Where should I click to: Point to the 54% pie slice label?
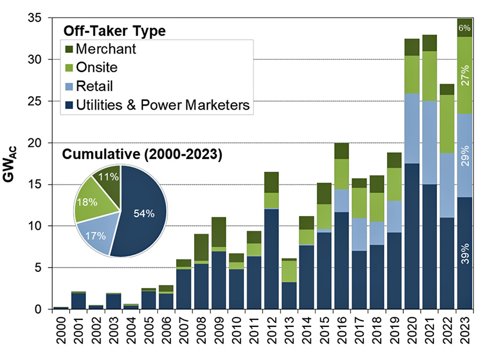pos(143,213)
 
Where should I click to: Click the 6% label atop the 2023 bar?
pos(465,28)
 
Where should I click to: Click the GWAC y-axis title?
pos(13,164)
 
